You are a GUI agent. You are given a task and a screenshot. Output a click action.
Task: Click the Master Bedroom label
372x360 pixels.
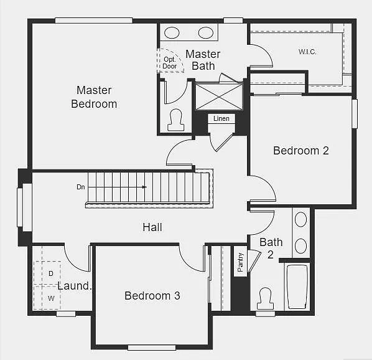(94, 97)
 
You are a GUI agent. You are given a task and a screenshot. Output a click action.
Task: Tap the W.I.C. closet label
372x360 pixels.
(307, 52)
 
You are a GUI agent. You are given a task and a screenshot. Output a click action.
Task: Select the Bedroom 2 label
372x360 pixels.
(301, 150)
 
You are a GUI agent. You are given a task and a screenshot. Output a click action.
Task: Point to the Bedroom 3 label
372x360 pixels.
(152, 296)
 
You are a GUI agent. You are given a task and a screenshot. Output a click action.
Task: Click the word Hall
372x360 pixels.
(152, 227)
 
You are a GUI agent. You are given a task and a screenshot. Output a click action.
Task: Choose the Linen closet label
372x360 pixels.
(221, 118)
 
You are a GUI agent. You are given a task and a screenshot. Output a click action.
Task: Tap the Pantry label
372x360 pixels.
(241, 262)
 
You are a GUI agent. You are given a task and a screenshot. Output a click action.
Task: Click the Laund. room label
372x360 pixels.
(75, 287)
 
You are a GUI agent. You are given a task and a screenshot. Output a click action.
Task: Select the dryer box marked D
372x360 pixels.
(51, 273)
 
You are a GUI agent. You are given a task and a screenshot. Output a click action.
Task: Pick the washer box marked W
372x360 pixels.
(51, 298)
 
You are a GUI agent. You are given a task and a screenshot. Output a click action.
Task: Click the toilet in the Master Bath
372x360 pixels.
(175, 120)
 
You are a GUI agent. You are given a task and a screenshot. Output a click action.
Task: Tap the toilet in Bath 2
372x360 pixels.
(266, 298)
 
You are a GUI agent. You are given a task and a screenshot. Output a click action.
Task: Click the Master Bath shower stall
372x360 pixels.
(219, 97)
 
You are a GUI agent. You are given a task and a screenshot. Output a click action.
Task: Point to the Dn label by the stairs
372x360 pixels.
(81, 187)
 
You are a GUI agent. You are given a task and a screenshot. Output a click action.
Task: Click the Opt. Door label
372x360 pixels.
(170, 62)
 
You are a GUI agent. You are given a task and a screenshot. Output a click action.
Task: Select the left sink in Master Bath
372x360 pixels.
(172, 33)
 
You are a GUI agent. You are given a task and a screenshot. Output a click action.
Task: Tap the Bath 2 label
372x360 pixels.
(271, 248)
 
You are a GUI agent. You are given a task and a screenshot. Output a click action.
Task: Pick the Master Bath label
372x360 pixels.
(203, 60)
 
